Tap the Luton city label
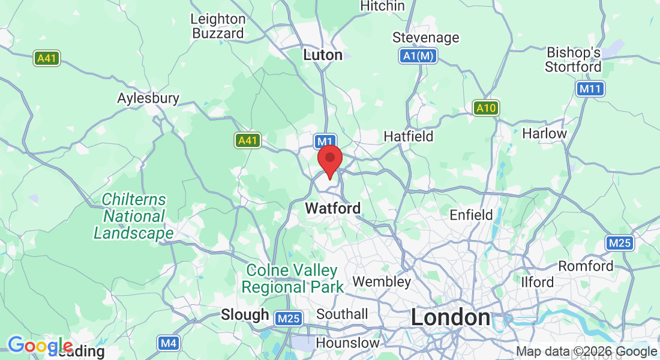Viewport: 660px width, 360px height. point(323,55)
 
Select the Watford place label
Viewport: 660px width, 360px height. point(333,208)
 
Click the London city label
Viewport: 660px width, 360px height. point(450,317)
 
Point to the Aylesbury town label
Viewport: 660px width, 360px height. point(148,98)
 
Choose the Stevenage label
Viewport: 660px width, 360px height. point(425,38)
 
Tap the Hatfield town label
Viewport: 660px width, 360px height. point(408,136)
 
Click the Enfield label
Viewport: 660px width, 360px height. point(471,214)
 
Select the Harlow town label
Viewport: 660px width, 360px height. point(544,133)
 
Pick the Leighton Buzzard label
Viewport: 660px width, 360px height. point(218,26)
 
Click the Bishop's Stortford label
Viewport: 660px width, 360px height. point(572,59)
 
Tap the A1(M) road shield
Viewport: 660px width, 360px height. point(418,56)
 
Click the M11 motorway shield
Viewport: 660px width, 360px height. point(590,89)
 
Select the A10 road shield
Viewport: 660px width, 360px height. point(485,108)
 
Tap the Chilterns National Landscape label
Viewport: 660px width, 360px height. point(134,216)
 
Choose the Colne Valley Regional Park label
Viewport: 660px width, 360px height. point(292,278)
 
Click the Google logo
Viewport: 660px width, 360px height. point(40,346)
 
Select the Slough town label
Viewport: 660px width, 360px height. point(245,314)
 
